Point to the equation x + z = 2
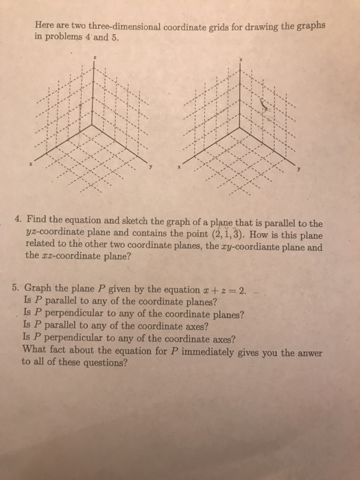pyautogui.click(x=227, y=288)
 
